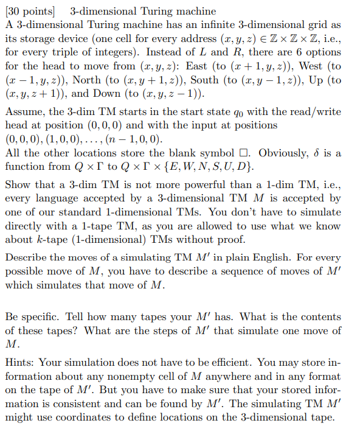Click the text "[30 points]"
pos(29,12)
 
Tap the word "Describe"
pos(27,257)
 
